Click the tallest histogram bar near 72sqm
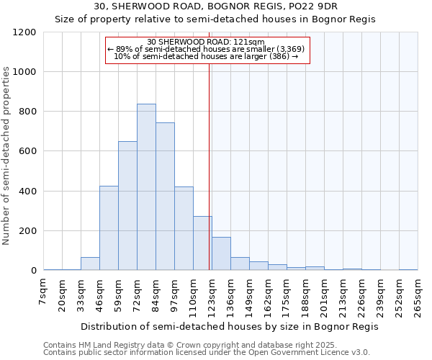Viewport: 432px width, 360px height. point(146,187)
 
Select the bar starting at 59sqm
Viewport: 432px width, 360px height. point(127,206)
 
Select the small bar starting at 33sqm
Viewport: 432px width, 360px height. point(90,264)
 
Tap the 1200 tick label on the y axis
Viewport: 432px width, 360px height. point(24,32)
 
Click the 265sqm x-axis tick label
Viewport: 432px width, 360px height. point(418,297)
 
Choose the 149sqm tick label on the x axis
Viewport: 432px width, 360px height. point(249,297)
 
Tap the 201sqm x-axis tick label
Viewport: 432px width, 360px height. point(324,297)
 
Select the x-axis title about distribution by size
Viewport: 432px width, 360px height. point(229,326)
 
